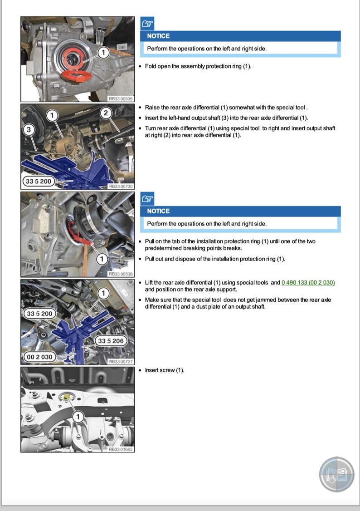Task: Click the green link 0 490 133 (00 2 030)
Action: tap(308, 282)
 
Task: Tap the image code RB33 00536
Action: tap(120, 98)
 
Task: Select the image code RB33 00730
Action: tap(120, 186)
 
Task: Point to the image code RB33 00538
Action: tap(120, 274)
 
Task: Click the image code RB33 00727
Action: tap(120, 362)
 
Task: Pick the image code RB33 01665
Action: tap(120, 449)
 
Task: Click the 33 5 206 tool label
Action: tap(111, 341)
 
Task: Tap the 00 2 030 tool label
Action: tap(39, 357)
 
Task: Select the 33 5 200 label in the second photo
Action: tap(39, 182)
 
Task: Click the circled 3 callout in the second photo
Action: tap(29, 130)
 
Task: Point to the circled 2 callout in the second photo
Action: tap(106, 113)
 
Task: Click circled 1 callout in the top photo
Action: tap(103, 53)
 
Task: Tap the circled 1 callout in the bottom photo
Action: tap(78, 416)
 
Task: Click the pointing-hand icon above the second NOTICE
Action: tap(147, 198)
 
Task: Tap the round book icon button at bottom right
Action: tap(336, 474)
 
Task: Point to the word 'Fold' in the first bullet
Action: tap(150, 66)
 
